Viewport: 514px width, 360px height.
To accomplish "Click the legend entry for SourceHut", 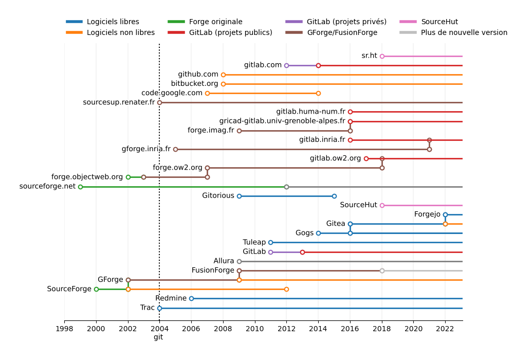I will click(439, 22).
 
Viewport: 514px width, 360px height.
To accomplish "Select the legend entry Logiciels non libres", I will click(120, 32).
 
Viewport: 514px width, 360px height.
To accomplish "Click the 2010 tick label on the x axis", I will click(254, 329).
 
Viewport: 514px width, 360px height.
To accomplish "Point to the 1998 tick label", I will click(64, 329).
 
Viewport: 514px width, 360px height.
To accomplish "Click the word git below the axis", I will click(158, 337).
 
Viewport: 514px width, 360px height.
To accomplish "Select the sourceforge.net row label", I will click(47, 186).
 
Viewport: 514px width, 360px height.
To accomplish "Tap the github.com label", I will click(198, 75).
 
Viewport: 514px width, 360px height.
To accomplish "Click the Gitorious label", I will click(218, 196).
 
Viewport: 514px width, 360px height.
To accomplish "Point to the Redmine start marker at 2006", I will click(191, 298).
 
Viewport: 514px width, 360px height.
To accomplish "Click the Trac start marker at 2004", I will click(159, 308).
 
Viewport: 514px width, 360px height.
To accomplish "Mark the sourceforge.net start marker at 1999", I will click(80, 187).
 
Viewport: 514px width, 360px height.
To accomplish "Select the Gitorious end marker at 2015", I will click(334, 196).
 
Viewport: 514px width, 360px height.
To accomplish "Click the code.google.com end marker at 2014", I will click(318, 93).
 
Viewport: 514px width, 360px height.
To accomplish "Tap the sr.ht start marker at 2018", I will click(382, 56).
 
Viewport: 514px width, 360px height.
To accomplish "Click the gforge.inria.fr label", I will click(146, 149).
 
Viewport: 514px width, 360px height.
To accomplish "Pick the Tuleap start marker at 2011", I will click(270, 242).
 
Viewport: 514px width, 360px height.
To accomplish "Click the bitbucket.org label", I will click(194, 84).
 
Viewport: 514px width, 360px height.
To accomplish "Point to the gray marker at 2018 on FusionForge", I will click(382, 271).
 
